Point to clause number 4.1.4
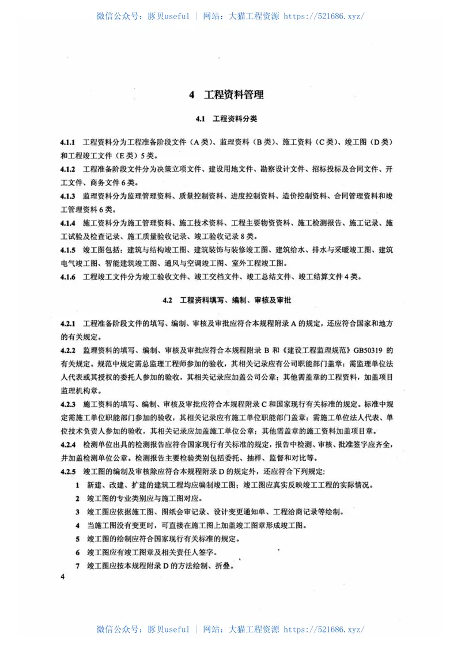point(68,223)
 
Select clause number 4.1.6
point(68,277)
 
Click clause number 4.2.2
point(68,350)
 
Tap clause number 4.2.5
point(68,472)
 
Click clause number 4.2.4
point(68,445)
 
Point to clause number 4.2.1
point(68,323)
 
